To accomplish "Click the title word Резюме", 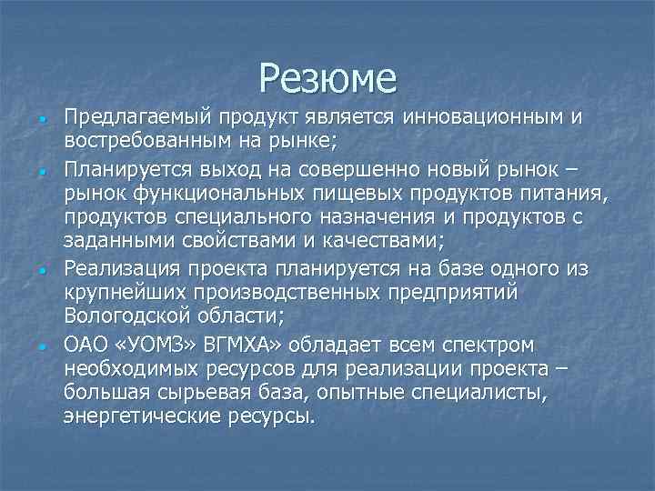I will [x=327, y=78].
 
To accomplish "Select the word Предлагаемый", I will [x=131, y=119].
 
